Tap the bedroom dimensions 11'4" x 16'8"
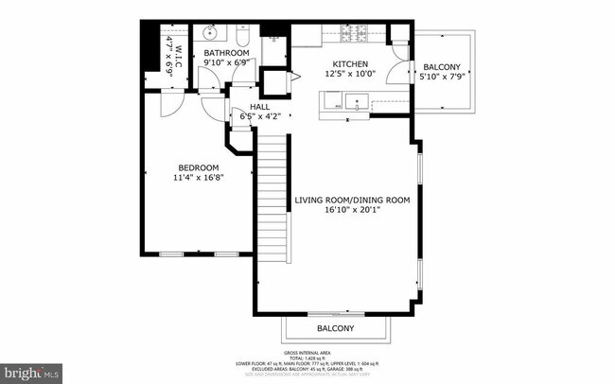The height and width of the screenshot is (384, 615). point(199,177)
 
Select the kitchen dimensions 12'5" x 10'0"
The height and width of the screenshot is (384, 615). point(349,74)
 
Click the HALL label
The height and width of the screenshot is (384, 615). point(259,107)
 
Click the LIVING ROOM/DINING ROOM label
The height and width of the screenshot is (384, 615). point(351,200)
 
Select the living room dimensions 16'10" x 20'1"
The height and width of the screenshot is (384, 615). point(351,211)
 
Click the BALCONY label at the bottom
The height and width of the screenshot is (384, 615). point(335,328)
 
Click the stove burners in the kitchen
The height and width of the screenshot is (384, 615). point(356,36)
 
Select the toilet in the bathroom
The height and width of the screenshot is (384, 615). point(241,38)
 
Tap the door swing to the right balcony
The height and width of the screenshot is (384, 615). point(401,71)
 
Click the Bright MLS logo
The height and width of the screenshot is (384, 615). point(31,373)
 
